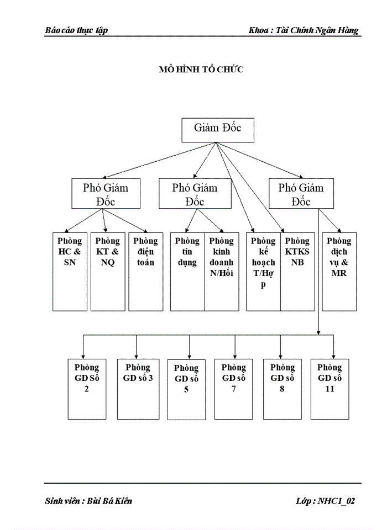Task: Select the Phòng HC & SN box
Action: [70, 271]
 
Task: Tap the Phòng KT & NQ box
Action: [107, 271]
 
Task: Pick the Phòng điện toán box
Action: [146, 271]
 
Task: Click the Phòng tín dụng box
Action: [187, 271]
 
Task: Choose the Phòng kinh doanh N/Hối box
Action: [222, 271]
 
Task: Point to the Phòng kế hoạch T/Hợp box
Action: [263, 271]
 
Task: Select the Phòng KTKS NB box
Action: [297, 271]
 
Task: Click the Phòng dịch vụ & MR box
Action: [339, 271]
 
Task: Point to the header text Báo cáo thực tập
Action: [76, 30]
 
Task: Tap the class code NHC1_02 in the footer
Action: [335, 501]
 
